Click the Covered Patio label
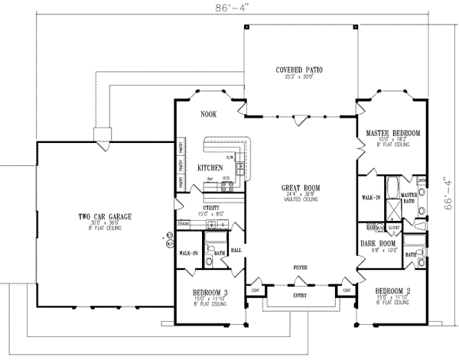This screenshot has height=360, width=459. (x=299, y=70)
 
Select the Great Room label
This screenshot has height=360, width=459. (x=300, y=187)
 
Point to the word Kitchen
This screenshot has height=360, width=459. (x=210, y=167)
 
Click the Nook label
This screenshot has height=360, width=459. (x=209, y=114)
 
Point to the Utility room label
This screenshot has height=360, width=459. (x=212, y=208)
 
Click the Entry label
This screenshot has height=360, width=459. (x=298, y=295)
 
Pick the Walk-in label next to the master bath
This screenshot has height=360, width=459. (x=369, y=197)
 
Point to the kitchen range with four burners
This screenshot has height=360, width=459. (x=227, y=184)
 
